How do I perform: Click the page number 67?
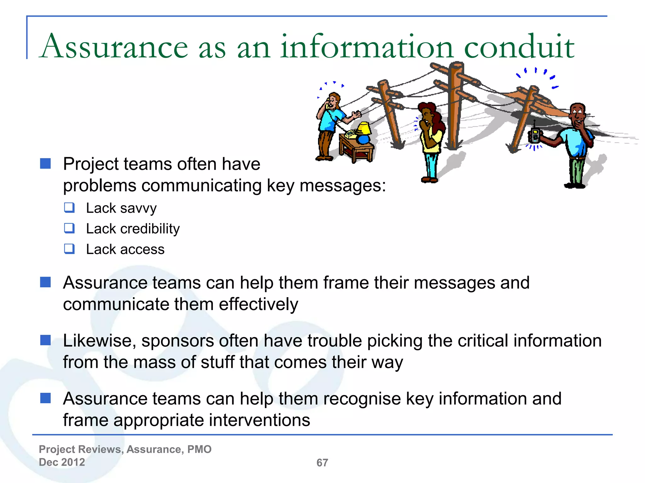tap(322, 463)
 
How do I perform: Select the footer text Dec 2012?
tap(62, 462)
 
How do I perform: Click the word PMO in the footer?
tap(199, 449)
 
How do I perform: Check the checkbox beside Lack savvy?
tap(69, 208)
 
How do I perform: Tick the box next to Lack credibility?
tap(69, 228)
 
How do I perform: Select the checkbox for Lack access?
tap(69, 249)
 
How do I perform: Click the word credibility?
tap(150, 229)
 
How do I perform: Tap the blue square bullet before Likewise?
tap(46, 340)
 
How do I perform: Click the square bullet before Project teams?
tap(46, 164)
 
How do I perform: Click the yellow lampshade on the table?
tap(364, 128)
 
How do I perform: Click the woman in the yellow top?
tap(431, 138)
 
